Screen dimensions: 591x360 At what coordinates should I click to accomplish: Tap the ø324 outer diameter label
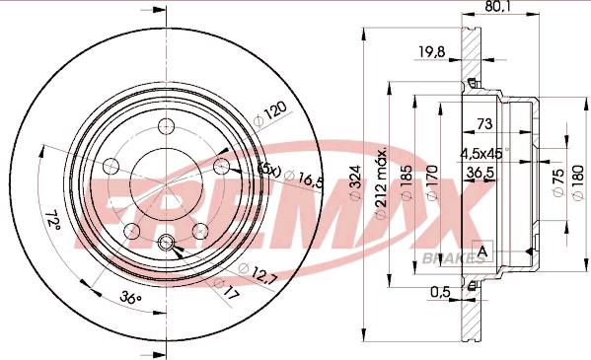pyautogui.click(x=355, y=182)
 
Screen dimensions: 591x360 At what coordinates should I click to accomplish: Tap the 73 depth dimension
pyautogui.click(x=484, y=123)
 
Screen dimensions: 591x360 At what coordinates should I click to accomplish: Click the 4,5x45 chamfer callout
pyautogui.click(x=483, y=154)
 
